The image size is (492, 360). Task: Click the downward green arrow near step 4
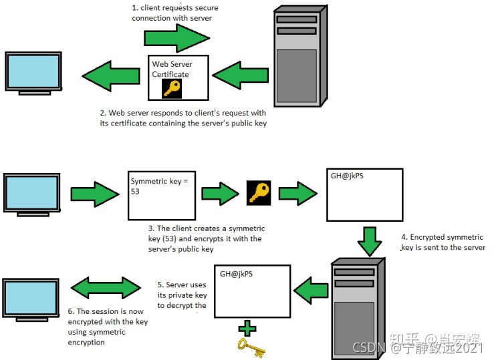tap(369, 241)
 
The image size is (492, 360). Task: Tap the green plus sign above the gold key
tap(248, 328)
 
